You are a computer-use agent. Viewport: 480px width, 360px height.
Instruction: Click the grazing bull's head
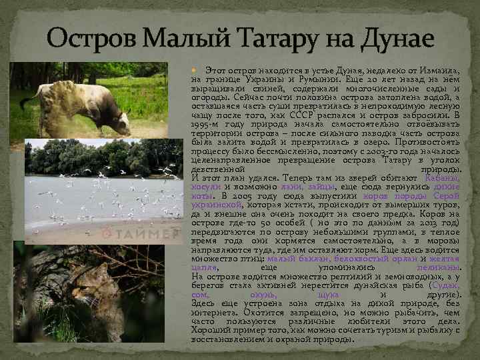pyautogui.click(x=121, y=123)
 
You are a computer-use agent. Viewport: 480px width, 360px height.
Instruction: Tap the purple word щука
pyautogui.click(x=329, y=294)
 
